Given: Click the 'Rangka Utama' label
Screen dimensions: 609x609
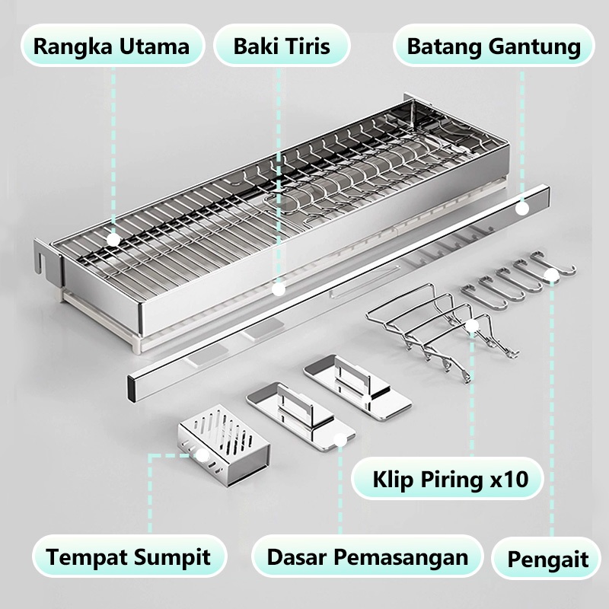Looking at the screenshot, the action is (x=112, y=46).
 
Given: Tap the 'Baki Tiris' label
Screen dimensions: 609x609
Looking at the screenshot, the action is (x=282, y=46).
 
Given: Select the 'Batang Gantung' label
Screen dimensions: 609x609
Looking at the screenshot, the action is (x=493, y=46).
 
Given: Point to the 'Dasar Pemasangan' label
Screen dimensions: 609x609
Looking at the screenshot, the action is (x=368, y=556).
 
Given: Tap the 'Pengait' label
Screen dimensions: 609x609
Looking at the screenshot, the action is (x=547, y=559).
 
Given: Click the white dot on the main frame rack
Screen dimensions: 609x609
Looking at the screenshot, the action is (x=113, y=240).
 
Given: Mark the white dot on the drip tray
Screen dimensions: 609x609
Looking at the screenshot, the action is (x=279, y=289).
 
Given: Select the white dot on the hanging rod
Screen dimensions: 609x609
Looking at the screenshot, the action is (x=522, y=209).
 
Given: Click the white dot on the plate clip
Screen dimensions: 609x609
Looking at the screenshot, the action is (x=472, y=327).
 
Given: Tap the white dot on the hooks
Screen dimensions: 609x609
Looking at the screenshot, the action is (x=551, y=276).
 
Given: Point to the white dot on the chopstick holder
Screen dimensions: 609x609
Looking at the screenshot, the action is (x=202, y=454).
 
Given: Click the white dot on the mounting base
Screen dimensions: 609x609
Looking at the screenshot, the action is (x=340, y=440).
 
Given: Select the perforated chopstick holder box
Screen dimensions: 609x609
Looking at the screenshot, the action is (x=224, y=445).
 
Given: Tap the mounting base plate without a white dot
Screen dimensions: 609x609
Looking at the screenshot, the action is (x=357, y=387).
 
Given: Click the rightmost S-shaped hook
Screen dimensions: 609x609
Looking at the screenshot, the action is (x=553, y=264).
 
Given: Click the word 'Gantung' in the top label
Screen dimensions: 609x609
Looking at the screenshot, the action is (x=534, y=47).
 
